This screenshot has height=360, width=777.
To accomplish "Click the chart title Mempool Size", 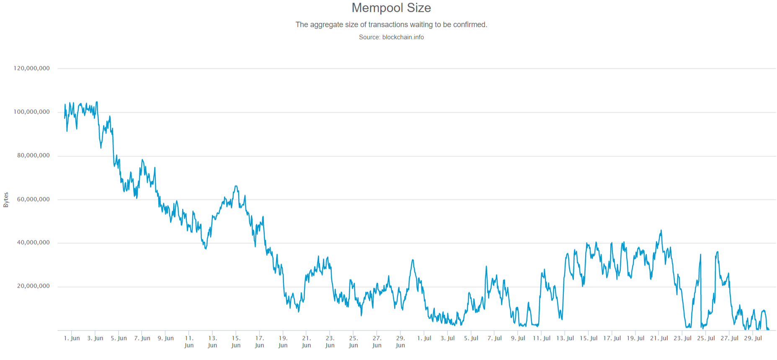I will tap(391, 8).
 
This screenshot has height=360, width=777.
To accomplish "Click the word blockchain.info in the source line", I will tap(403, 37).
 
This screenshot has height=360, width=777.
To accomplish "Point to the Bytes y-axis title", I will tap(6, 200).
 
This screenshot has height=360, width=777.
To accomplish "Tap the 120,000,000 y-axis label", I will tap(31, 68).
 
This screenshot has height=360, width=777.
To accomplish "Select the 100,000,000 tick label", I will tap(31, 112).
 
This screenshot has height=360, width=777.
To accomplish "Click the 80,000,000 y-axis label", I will tap(33, 155).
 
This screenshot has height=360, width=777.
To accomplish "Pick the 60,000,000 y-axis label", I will tap(33, 199).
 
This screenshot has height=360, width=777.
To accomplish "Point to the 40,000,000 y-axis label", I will tap(33, 242).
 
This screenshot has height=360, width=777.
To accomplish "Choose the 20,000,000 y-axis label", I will tap(33, 286).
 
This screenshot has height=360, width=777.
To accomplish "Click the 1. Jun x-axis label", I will tap(72, 338).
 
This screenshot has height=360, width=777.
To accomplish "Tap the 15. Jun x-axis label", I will tap(236, 342).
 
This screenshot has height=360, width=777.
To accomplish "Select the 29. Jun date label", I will tap(400, 342).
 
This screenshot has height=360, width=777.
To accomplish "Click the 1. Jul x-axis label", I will tap(424, 338).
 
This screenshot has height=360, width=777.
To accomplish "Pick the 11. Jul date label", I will tap(542, 338).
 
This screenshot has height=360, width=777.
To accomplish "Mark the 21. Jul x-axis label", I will tap(659, 338).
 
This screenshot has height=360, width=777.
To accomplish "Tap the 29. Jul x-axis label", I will tap(753, 338).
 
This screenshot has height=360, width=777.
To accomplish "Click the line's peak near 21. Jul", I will tap(661, 230).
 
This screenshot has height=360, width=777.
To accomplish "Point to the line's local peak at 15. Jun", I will tap(236, 186).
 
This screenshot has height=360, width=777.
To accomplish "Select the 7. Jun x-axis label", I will tap(142, 338).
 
